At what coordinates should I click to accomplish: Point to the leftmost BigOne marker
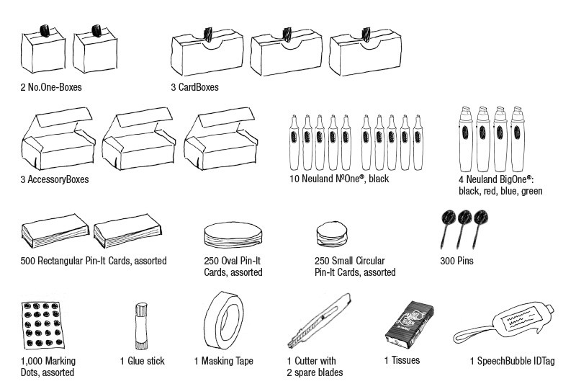point(464,137)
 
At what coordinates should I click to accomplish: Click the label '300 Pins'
point(456,261)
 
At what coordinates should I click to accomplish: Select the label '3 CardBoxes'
point(194,87)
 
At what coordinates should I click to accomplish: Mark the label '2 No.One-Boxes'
point(51,88)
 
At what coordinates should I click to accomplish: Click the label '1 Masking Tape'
point(223,361)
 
